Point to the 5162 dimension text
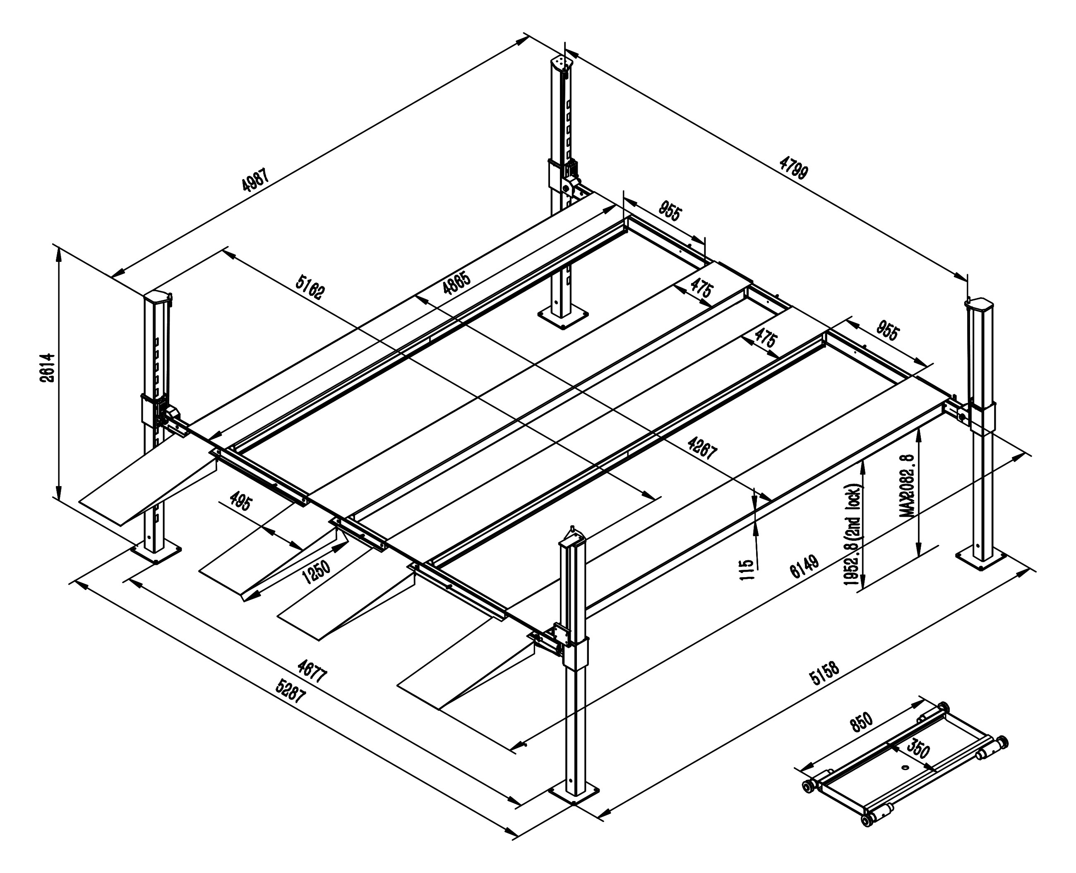coord(310,287)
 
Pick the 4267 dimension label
coord(702,448)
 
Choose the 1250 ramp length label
coord(317,572)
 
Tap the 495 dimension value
coord(240,501)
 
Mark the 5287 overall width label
coord(290,691)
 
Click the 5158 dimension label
coord(824,674)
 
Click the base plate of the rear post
coord(563,317)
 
